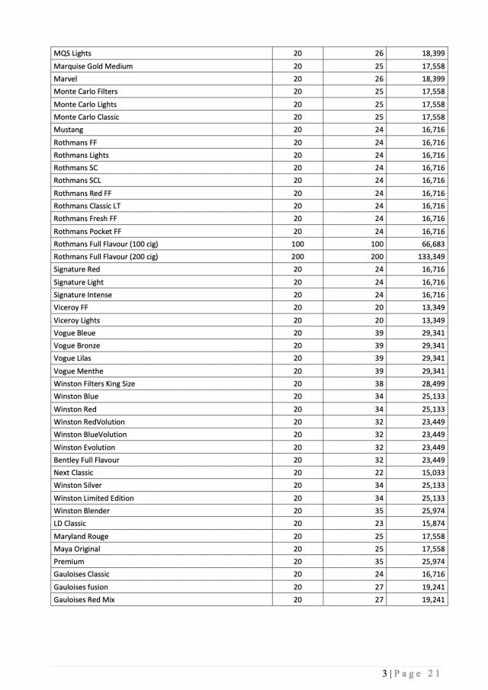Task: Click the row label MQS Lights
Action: click(72, 53)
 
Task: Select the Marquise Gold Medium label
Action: click(93, 66)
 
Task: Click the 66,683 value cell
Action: click(432, 244)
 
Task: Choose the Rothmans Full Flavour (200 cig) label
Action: click(106, 257)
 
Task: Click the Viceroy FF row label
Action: click(71, 307)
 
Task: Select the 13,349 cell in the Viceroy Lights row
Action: click(432, 320)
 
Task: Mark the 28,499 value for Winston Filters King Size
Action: click(432, 384)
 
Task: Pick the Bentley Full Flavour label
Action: click(86, 460)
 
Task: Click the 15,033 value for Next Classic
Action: click(432, 473)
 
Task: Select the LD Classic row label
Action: click(70, 524)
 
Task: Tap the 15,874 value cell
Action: click(432, 524)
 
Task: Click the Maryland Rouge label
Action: click(81, 536)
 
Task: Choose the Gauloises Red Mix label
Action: click(85, 600)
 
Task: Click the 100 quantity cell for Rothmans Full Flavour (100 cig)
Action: click(297, 244)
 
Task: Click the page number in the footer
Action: click(386, 673)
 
